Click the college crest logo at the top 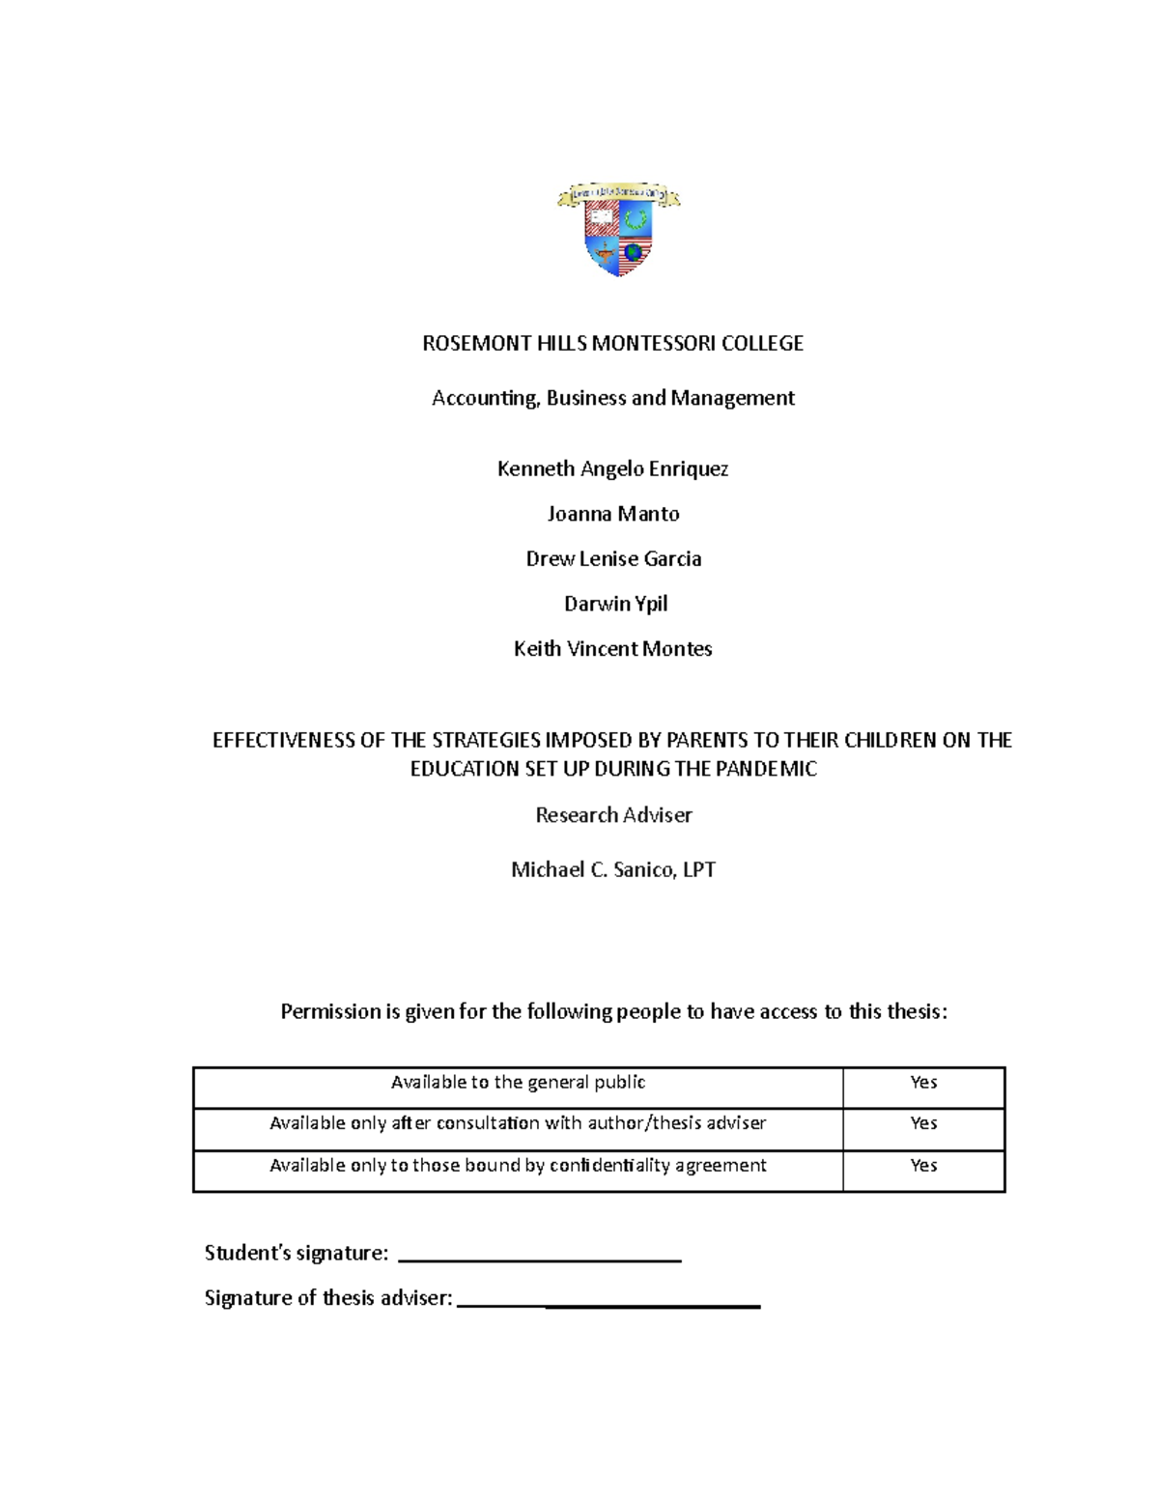click(619, 230)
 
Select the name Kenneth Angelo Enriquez click(612, 469)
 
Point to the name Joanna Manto click(612, 514)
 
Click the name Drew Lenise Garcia click(612, 559)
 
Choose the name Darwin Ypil click(615, 605)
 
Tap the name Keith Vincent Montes click(612, 649)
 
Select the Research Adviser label click(613, 815)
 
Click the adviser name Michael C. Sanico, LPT click(612, 870)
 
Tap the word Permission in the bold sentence click(330, 1012)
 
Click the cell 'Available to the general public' click(518, 1083)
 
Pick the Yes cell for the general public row click(923, 1083)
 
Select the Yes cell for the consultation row click(923, 1123)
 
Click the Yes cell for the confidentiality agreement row click(923, 1166)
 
